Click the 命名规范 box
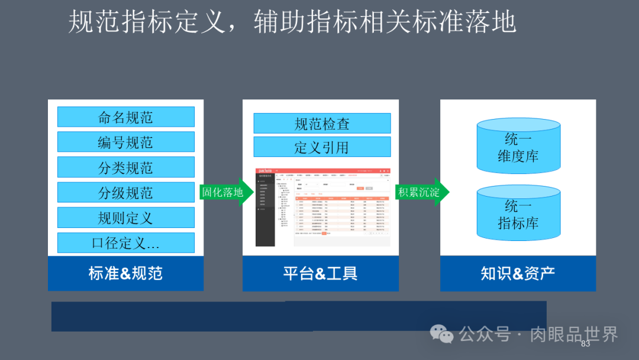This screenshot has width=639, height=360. [x=125, y=117]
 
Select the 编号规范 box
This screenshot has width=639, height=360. [x=125, y=142]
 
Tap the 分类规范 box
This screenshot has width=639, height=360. [x=125, y=168]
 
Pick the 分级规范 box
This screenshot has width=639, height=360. [x=125, y=192]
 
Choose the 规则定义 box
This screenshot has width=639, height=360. [x=125, y=218]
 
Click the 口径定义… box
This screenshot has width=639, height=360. [x=125, y=243]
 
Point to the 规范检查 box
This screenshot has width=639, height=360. [x=322, y=123]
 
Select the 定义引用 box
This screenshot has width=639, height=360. [x=322, y=147]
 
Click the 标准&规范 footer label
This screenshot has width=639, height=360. [x=125, y=274]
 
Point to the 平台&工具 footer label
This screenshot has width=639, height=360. [x=320, y=274]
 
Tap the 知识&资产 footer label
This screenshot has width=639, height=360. [x=518, y=274]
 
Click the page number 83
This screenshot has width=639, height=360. [x=586, y=344]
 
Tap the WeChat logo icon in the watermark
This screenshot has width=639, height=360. [x=441, y=334]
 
